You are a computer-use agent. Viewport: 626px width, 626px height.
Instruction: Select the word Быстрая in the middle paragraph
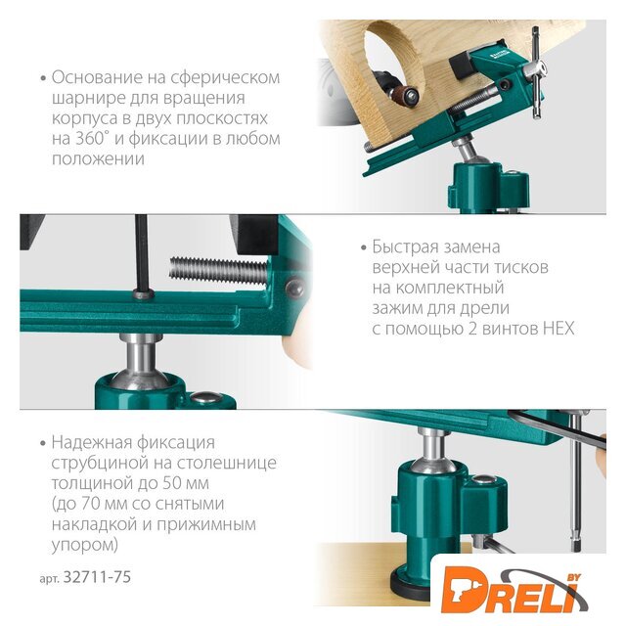[x=402, y=246]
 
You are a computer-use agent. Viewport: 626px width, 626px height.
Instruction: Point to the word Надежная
[x=91, y=442]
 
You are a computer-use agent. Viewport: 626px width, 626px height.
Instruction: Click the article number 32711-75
[x=97, y=577]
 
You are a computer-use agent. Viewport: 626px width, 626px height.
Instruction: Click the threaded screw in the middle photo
[x=218, y=270]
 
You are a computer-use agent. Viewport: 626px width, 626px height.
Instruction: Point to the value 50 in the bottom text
[x=172, y=483]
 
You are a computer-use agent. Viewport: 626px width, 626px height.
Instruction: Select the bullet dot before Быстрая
[x=363, y=247]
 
